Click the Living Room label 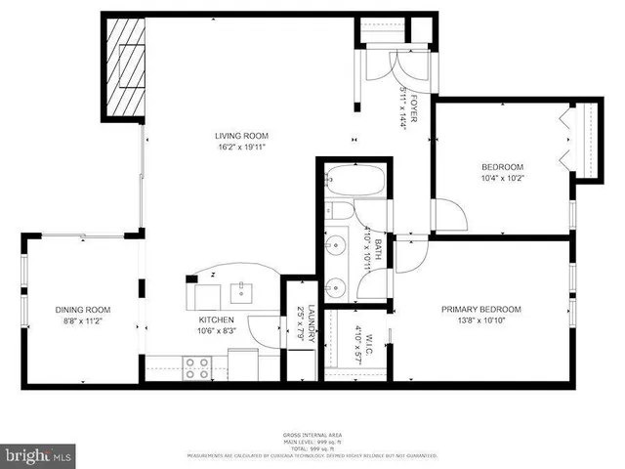(241, 136)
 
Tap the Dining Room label (83, 310)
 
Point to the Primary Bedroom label (480, 310)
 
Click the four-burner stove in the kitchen (195, 366)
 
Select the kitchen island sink (240, 290)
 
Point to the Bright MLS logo (39, 454)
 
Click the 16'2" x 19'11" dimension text (241, 148)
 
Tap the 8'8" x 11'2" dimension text (83, 321)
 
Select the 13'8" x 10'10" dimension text (480, 321)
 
